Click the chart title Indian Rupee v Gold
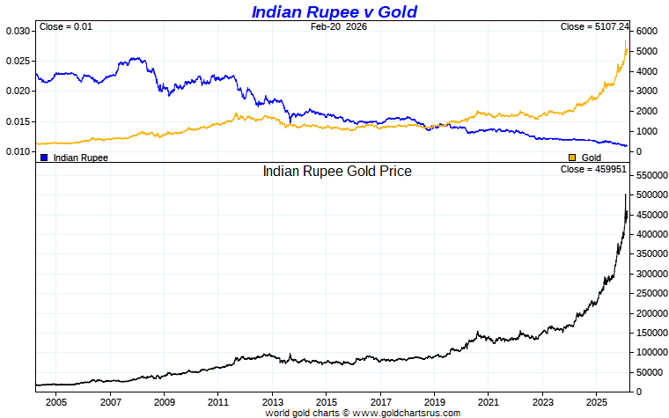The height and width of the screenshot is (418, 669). [x=334, y=11]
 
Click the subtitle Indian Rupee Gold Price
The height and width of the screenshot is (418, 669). [x=337, y=171]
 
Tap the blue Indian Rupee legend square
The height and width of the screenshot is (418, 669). [x=44, y=157]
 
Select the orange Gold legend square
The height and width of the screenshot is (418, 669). [x=572, y=157]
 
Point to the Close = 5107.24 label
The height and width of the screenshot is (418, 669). [x=594, y=26]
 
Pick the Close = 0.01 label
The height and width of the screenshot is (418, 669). [x=65, y=26]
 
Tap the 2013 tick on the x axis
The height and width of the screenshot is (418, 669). [x=272, y=401]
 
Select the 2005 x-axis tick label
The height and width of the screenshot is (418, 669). [x=55, y=401]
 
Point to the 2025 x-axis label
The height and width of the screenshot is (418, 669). [x=596, y=401]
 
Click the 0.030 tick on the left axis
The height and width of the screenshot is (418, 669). [x=17, y=31]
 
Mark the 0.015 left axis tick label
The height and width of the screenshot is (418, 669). [x=17, y=111]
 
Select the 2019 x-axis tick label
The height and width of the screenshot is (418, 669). [x=434, y=401]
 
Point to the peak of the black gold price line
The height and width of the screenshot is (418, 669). [x=626, y=194]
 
